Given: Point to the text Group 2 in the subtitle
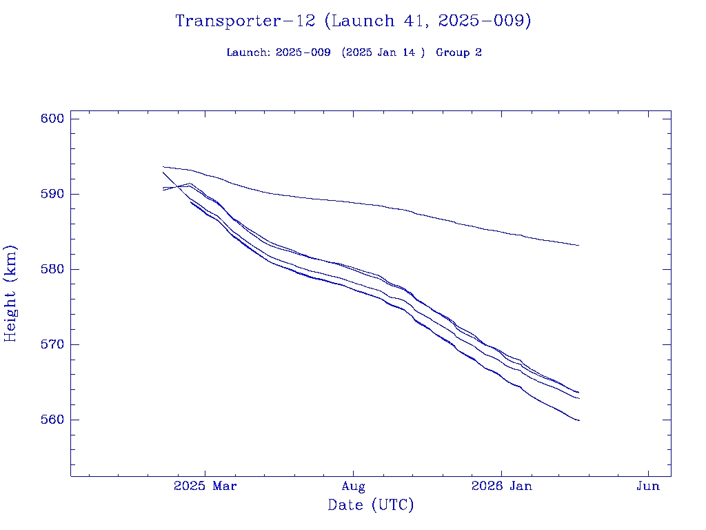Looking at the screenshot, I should pyautogui.click(x=458, y=53).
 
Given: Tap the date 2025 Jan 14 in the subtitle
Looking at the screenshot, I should pyautogui.click(x=383, y=53).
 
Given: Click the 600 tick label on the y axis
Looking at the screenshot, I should pyautogui.click(x=52, y=119).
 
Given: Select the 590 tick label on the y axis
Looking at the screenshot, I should pyautogui.click(x=52, y=194).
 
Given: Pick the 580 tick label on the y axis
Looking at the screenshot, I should pyautogui.click(x=52, y=269).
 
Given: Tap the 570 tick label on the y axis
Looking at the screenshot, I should pyautogui.click(x=52, y=344).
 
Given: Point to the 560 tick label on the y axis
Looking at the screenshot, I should pyautogui.click(x=52, y=420).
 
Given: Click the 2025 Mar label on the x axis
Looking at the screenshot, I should pyautogui.click(x=205, y=487).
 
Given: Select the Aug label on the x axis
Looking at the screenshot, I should pyautogui.click(x=353, y=487).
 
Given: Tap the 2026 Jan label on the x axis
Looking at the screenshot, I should pyautogui.click(x=501, y=487).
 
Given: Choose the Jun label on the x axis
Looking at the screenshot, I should pyautogui.click(x=648, y=487).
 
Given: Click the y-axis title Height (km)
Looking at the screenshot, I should pyautogui.click(x=10, y=293).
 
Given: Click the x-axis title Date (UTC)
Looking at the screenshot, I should pyautogui.click(x=371, y=506).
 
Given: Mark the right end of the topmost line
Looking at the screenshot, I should pyautogui.click(x=578, y=245).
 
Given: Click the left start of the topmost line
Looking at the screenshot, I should pyautogui.click(x=163, y=166).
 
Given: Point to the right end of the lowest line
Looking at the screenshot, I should pyautogui.click(x=579, y=420).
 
